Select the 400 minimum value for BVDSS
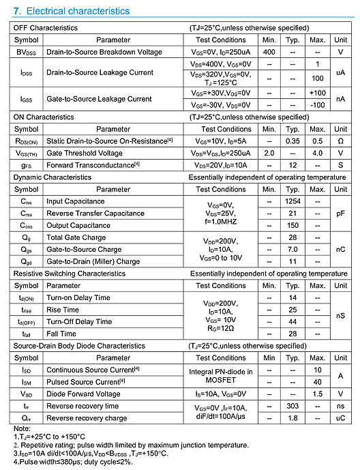pyautogui.click(x=269, y=52)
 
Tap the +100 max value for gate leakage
pyautogui.click(x=317, y=93)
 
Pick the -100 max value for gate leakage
pyautogui.click(x=317, y=105)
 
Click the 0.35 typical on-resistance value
pyautogui.click(x=293, y=141)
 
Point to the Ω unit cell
pyautogui.click(x=340, y=141)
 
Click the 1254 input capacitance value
pyautogui.click(x=293, y=201)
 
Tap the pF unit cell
pyautogui.click(x=340, y=214)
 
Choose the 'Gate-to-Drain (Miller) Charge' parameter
pyautogui.click(x=93, y=261)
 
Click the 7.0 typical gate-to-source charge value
pyautogui.click(x=293, y=250)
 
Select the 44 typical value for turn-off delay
pyautogui.click(x=293, y=321)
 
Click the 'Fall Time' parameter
pyautogui.click(x=61, y=334)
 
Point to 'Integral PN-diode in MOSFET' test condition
pyautogui.click(x=220, y=376)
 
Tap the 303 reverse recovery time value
pyautogui.click(x=293, y=406)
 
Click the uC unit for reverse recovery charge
pyautogui.click(x=340, y=418)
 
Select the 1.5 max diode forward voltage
pyautogui.click(x=317, y=394)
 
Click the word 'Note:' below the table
pyautogui.click(x=22, y=428)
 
